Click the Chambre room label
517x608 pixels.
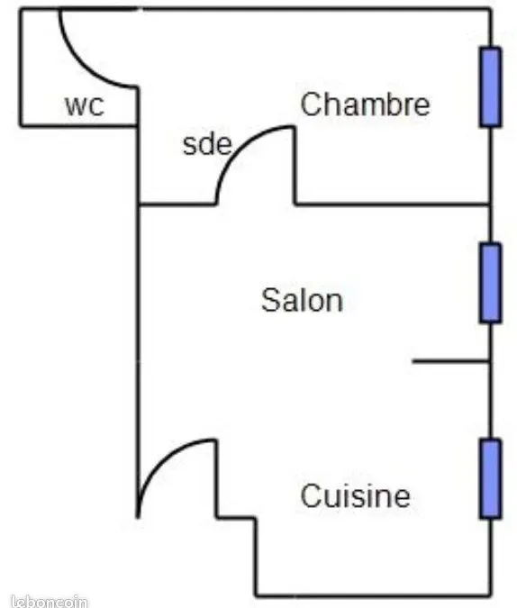[365, 104]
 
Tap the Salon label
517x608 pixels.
[302, 300]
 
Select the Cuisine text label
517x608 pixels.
[355, 495]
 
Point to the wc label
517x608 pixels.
[85, 105]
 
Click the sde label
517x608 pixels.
[207, 145]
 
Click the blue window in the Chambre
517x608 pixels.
[490, 86]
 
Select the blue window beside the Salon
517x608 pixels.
[490, 283]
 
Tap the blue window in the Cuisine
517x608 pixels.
[490, 478]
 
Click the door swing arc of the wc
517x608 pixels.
[81, 65]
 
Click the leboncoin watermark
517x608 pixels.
[50, 602]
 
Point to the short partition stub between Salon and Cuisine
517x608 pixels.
[450, 362]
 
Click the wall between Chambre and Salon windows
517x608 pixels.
[491, 185]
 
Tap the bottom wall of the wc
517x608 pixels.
[78, 125]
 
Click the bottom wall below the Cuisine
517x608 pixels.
[373, 594]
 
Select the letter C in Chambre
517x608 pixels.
[310, 104]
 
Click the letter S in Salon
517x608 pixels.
[271, 300]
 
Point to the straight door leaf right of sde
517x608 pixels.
[294, 165]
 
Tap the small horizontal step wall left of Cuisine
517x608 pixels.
[236, 517]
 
